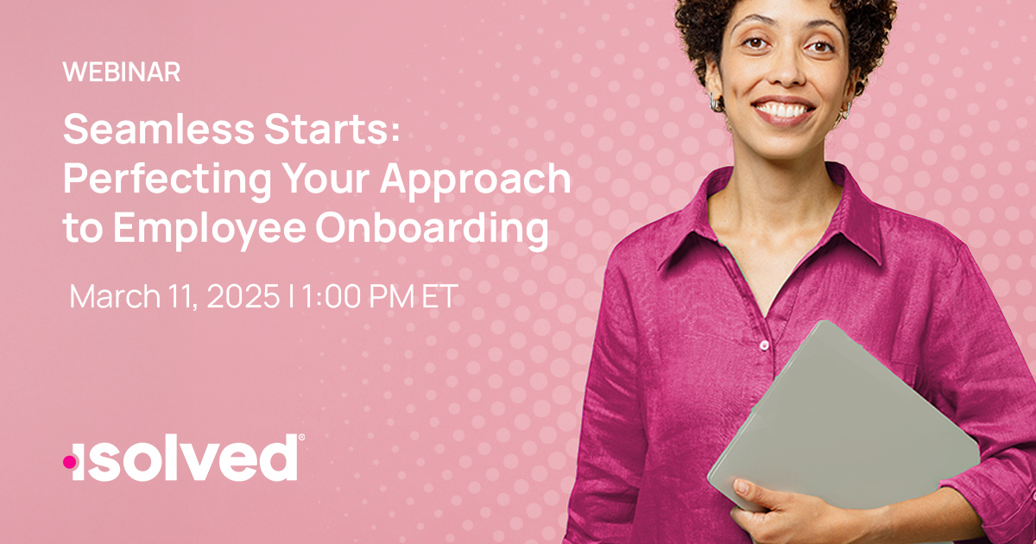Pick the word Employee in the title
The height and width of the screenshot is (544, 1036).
(x=204, y=229)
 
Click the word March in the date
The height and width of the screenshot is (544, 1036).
(x=114, y=296)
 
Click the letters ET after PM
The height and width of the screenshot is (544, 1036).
(x=437, y=296)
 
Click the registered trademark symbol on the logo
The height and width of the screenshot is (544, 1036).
(x=300, y=439)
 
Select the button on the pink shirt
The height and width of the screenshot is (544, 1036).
(x=764, y=345)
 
